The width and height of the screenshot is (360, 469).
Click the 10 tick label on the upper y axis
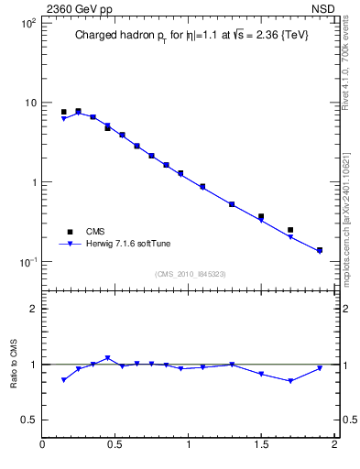pos(30,103)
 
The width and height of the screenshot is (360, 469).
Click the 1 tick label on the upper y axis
pos(33,182)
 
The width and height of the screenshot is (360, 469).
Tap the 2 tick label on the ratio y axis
pos(33,309)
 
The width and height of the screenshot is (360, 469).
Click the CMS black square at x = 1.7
pos(290,230)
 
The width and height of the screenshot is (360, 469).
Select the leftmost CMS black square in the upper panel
pos(64,112)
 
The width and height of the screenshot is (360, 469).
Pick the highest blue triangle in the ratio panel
pos(107,358)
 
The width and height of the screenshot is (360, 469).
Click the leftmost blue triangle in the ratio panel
pos(64,379)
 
